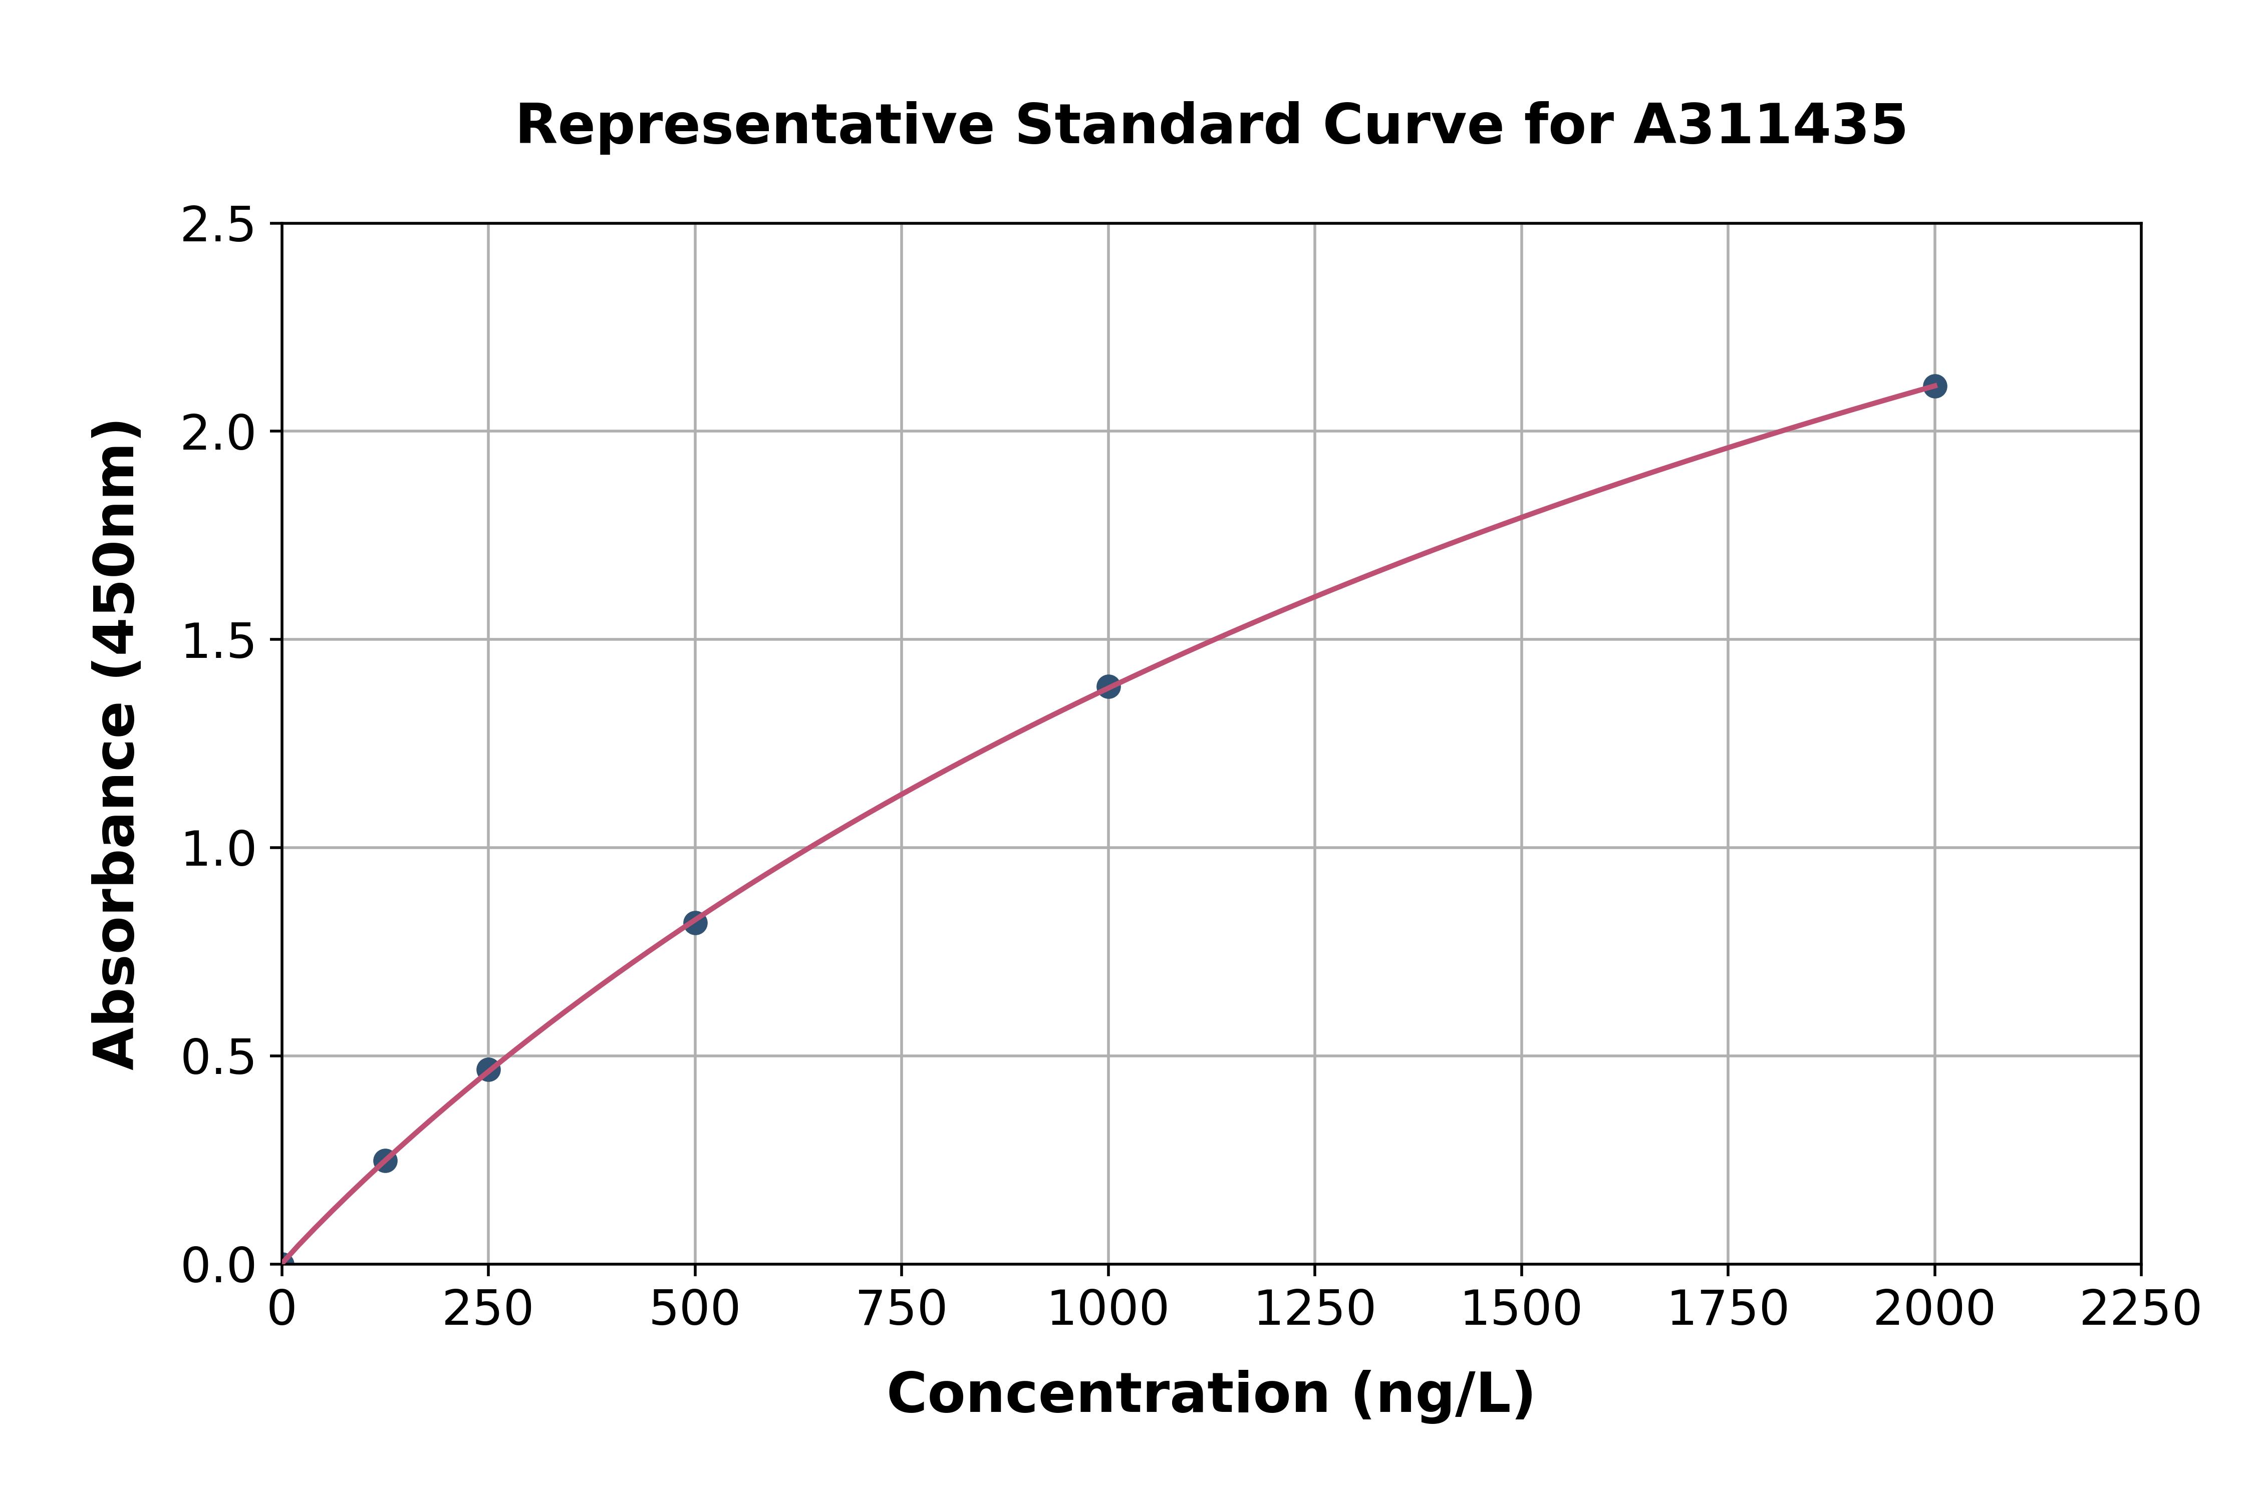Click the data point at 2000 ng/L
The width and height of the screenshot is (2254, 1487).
[x=1934, y=386]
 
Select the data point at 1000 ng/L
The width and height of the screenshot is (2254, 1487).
[x=1108, y=685]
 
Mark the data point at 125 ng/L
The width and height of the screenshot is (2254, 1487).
[x=385, y=1160]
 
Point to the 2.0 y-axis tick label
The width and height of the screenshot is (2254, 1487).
[x=218, y=433]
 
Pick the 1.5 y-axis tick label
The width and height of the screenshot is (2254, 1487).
[x=218, y=641]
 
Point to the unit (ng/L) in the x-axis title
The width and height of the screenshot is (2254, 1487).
[x=1442, y=1394]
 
